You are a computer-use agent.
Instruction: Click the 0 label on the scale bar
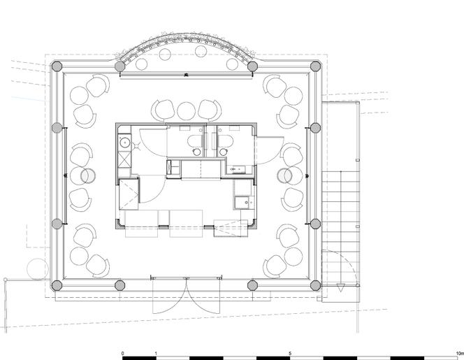[123, 353]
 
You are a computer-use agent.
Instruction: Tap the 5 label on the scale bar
[290, 353]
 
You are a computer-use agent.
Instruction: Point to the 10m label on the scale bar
[460, 353]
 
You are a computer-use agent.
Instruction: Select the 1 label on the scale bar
[156, 353]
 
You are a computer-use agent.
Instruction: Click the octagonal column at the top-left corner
[57, 66]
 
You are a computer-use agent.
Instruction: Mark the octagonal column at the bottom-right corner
[315, 286]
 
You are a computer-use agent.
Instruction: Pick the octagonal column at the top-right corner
[315, 66]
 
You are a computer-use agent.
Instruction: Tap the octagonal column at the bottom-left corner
[57, 286]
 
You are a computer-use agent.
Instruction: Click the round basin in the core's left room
[125, 143]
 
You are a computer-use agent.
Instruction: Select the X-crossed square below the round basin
[124, 160]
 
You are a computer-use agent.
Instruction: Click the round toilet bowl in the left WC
[197, 152]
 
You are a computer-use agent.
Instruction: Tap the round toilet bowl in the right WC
[223, 152]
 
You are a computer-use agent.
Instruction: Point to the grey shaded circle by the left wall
[88, 175]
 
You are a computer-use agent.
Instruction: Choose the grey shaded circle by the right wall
[284, 175]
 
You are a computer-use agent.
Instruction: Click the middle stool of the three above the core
[186, 111]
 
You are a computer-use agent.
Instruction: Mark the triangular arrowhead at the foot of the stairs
[341, 287]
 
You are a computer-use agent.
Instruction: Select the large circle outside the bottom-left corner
[38, 269]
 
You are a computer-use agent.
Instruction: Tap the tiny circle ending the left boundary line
[5, 280]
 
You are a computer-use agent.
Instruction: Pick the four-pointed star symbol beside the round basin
[137, 145]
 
